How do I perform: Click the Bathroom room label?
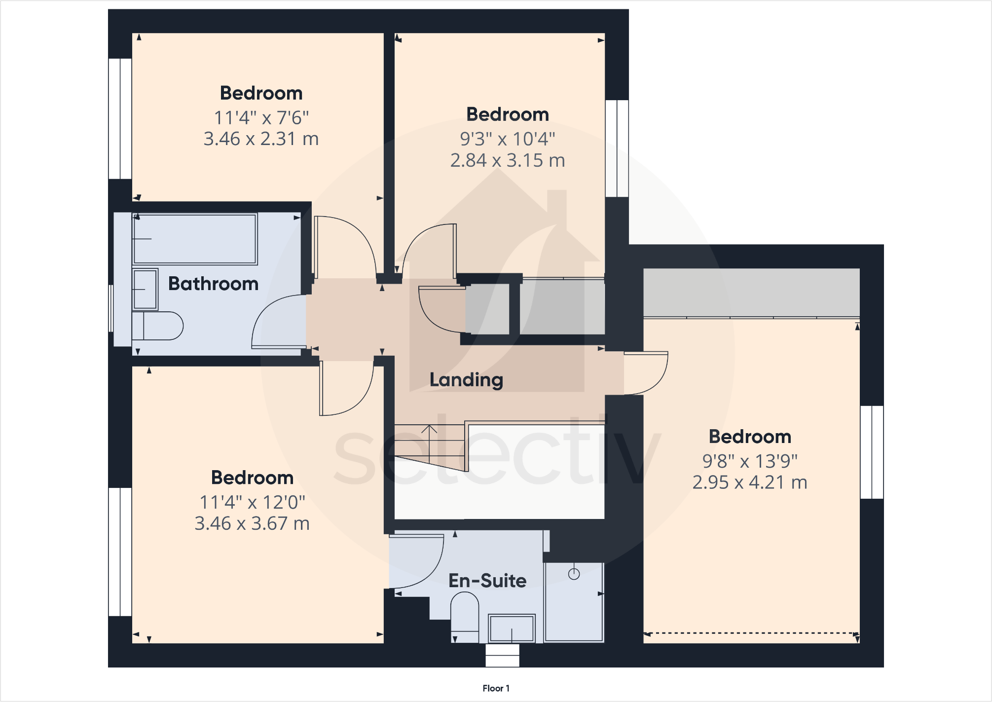[x=213, y=284]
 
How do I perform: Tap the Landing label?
[x=466, y=379]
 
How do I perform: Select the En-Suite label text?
[x=487, y=581]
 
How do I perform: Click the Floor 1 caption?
[x=496, y=688]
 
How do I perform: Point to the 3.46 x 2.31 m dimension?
[x=261, y=139]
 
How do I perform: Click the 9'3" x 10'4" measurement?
[x=508, y=139]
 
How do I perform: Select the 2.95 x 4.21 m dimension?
[x=750, y=482]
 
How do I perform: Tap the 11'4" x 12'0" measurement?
[x=252, y=502]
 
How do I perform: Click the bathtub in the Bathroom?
[x=195, y=239]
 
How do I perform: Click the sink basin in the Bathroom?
[x=145, y=289]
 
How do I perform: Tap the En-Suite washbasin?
[x=512, y=628]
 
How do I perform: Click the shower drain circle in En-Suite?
[x=574, y=574]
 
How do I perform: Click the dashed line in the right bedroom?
[x=750, y=633]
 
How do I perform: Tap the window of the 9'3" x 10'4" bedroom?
[x=617, y=148]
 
